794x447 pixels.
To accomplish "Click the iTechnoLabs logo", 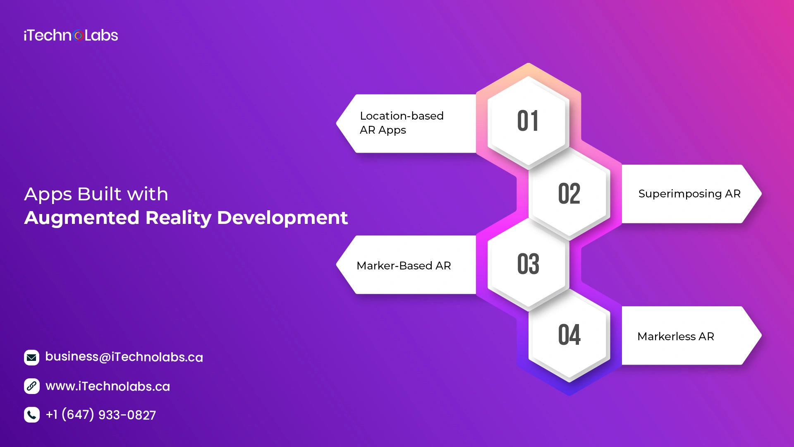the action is [71, 35].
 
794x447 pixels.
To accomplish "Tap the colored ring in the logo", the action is [79, 36].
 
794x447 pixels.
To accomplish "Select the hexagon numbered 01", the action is [528, 121].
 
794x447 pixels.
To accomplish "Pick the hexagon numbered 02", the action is [569, 194].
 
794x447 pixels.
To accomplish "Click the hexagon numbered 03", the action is [528, 264].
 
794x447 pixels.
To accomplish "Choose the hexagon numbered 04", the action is [569, 335].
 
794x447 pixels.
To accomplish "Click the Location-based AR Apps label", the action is [402, 123].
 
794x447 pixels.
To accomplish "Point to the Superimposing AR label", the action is [689, 194].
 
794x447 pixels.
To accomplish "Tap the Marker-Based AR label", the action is [404, 266].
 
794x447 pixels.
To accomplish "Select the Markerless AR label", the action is [676, 336].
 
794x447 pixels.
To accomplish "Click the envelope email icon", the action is [32, 358].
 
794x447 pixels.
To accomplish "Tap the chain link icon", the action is [32, 386].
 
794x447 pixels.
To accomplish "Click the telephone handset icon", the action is [32, 415].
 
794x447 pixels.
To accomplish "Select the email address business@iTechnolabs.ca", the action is [124, 357].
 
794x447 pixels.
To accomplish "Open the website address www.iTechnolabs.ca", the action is [108, 386].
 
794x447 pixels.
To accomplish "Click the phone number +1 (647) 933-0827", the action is [100, 415].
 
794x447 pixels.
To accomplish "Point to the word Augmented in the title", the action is [82, 218].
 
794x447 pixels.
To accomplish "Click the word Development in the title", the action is [282, 218].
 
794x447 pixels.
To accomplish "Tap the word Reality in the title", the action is [178, 218].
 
